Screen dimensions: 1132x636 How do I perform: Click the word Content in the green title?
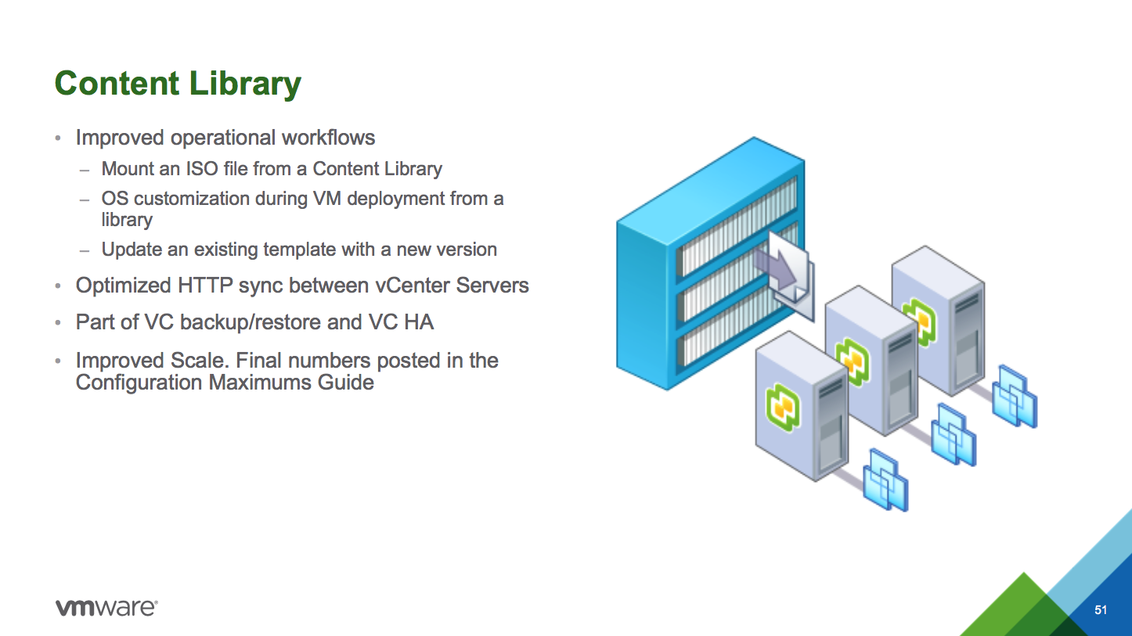pos(117,83)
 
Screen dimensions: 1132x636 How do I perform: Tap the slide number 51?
pos(1101,609)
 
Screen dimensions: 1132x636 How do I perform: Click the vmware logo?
pos(106,608)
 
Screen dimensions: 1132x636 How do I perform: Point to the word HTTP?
pos(205,286)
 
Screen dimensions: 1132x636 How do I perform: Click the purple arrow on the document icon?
pos(775,269)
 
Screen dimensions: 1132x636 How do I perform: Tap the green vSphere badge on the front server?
pos(783,407)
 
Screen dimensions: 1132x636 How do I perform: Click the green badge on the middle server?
pos(852,361)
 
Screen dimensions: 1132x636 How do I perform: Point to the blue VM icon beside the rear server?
pos(1015,397)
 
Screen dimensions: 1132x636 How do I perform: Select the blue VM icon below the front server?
pos(885,480)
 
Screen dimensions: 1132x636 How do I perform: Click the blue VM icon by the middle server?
pos(954,434)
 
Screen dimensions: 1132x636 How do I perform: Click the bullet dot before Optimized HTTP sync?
pos(58,286)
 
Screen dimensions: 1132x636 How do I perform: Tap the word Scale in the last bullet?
pos(200,361)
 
